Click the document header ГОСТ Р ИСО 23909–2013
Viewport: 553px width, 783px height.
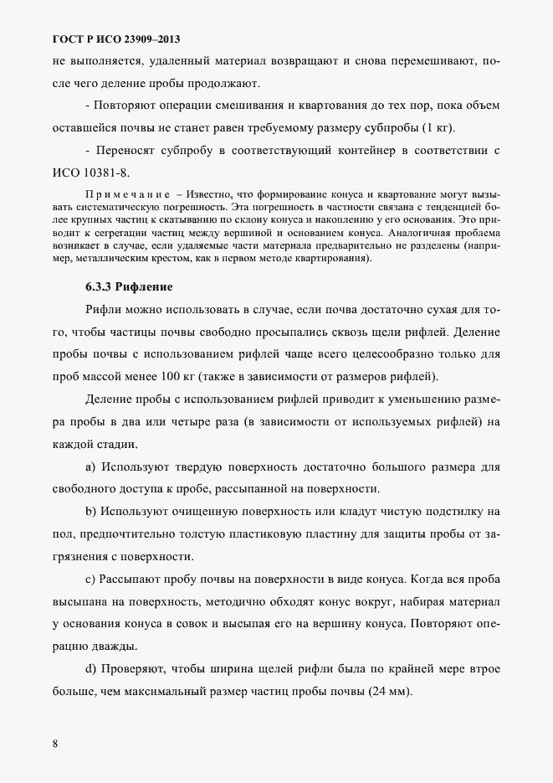click(116, 39)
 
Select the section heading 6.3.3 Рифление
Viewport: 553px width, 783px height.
click(129, 286)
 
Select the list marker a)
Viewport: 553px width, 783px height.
click(91, 466)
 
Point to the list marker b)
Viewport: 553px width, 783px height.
click(91, 511)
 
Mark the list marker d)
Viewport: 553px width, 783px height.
click(91, 669)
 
